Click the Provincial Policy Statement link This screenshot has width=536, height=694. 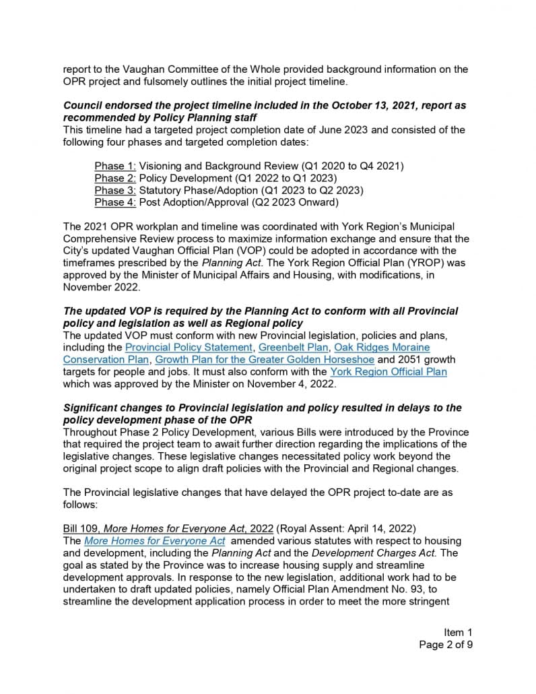pyautogui.click(x=189, y=348)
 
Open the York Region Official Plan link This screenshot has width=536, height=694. pyautogui.click(x=388, y=372)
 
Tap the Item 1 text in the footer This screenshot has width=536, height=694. pyautogui.click(x=458, y=632)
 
